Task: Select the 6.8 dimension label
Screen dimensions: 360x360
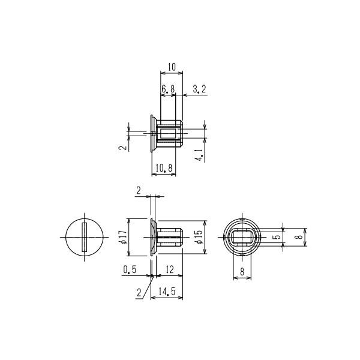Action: pos(168,89)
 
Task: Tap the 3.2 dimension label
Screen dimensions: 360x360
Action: pos(200,89)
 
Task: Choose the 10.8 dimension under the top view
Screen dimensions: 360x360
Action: pos(163,170)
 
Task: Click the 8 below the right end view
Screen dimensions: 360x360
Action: pos(242,271)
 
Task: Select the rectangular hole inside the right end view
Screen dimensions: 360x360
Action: pos(242,237)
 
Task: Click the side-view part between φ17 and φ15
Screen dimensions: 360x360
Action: pos(166,237)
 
